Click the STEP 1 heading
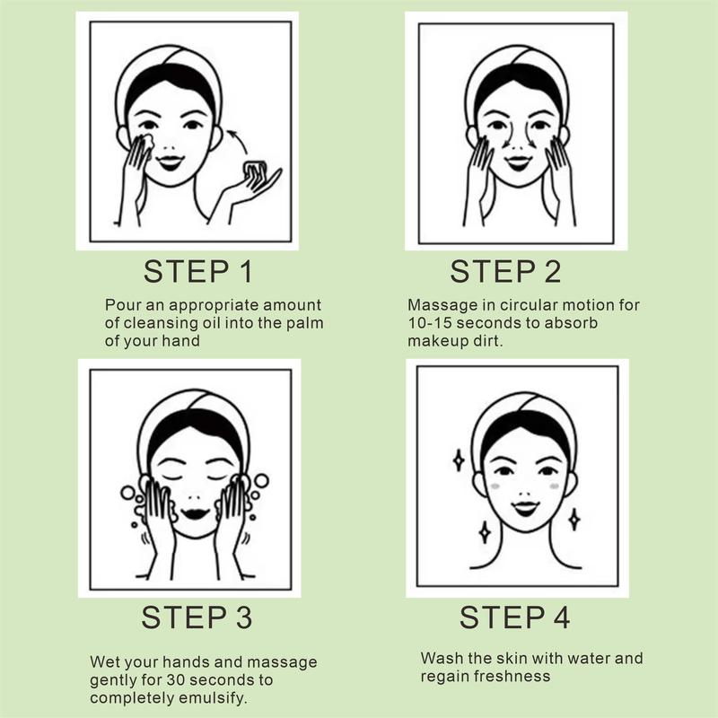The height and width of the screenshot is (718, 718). point(197,272)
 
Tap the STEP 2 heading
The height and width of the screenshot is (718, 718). point(505,272)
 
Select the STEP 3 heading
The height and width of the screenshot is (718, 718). point(197,617)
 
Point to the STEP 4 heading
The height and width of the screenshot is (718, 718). point(514,617)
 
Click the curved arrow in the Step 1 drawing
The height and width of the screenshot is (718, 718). point(239,140)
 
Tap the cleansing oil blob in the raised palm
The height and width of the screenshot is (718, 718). point(256,171)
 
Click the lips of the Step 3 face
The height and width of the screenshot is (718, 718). point(196,512)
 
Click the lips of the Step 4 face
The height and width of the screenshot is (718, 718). point(524,508)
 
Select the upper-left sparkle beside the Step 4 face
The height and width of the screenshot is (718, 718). point(459,460)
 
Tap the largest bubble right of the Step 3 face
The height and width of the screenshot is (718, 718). point(261,481)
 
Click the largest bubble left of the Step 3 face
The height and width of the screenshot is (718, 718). point(127,493)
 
